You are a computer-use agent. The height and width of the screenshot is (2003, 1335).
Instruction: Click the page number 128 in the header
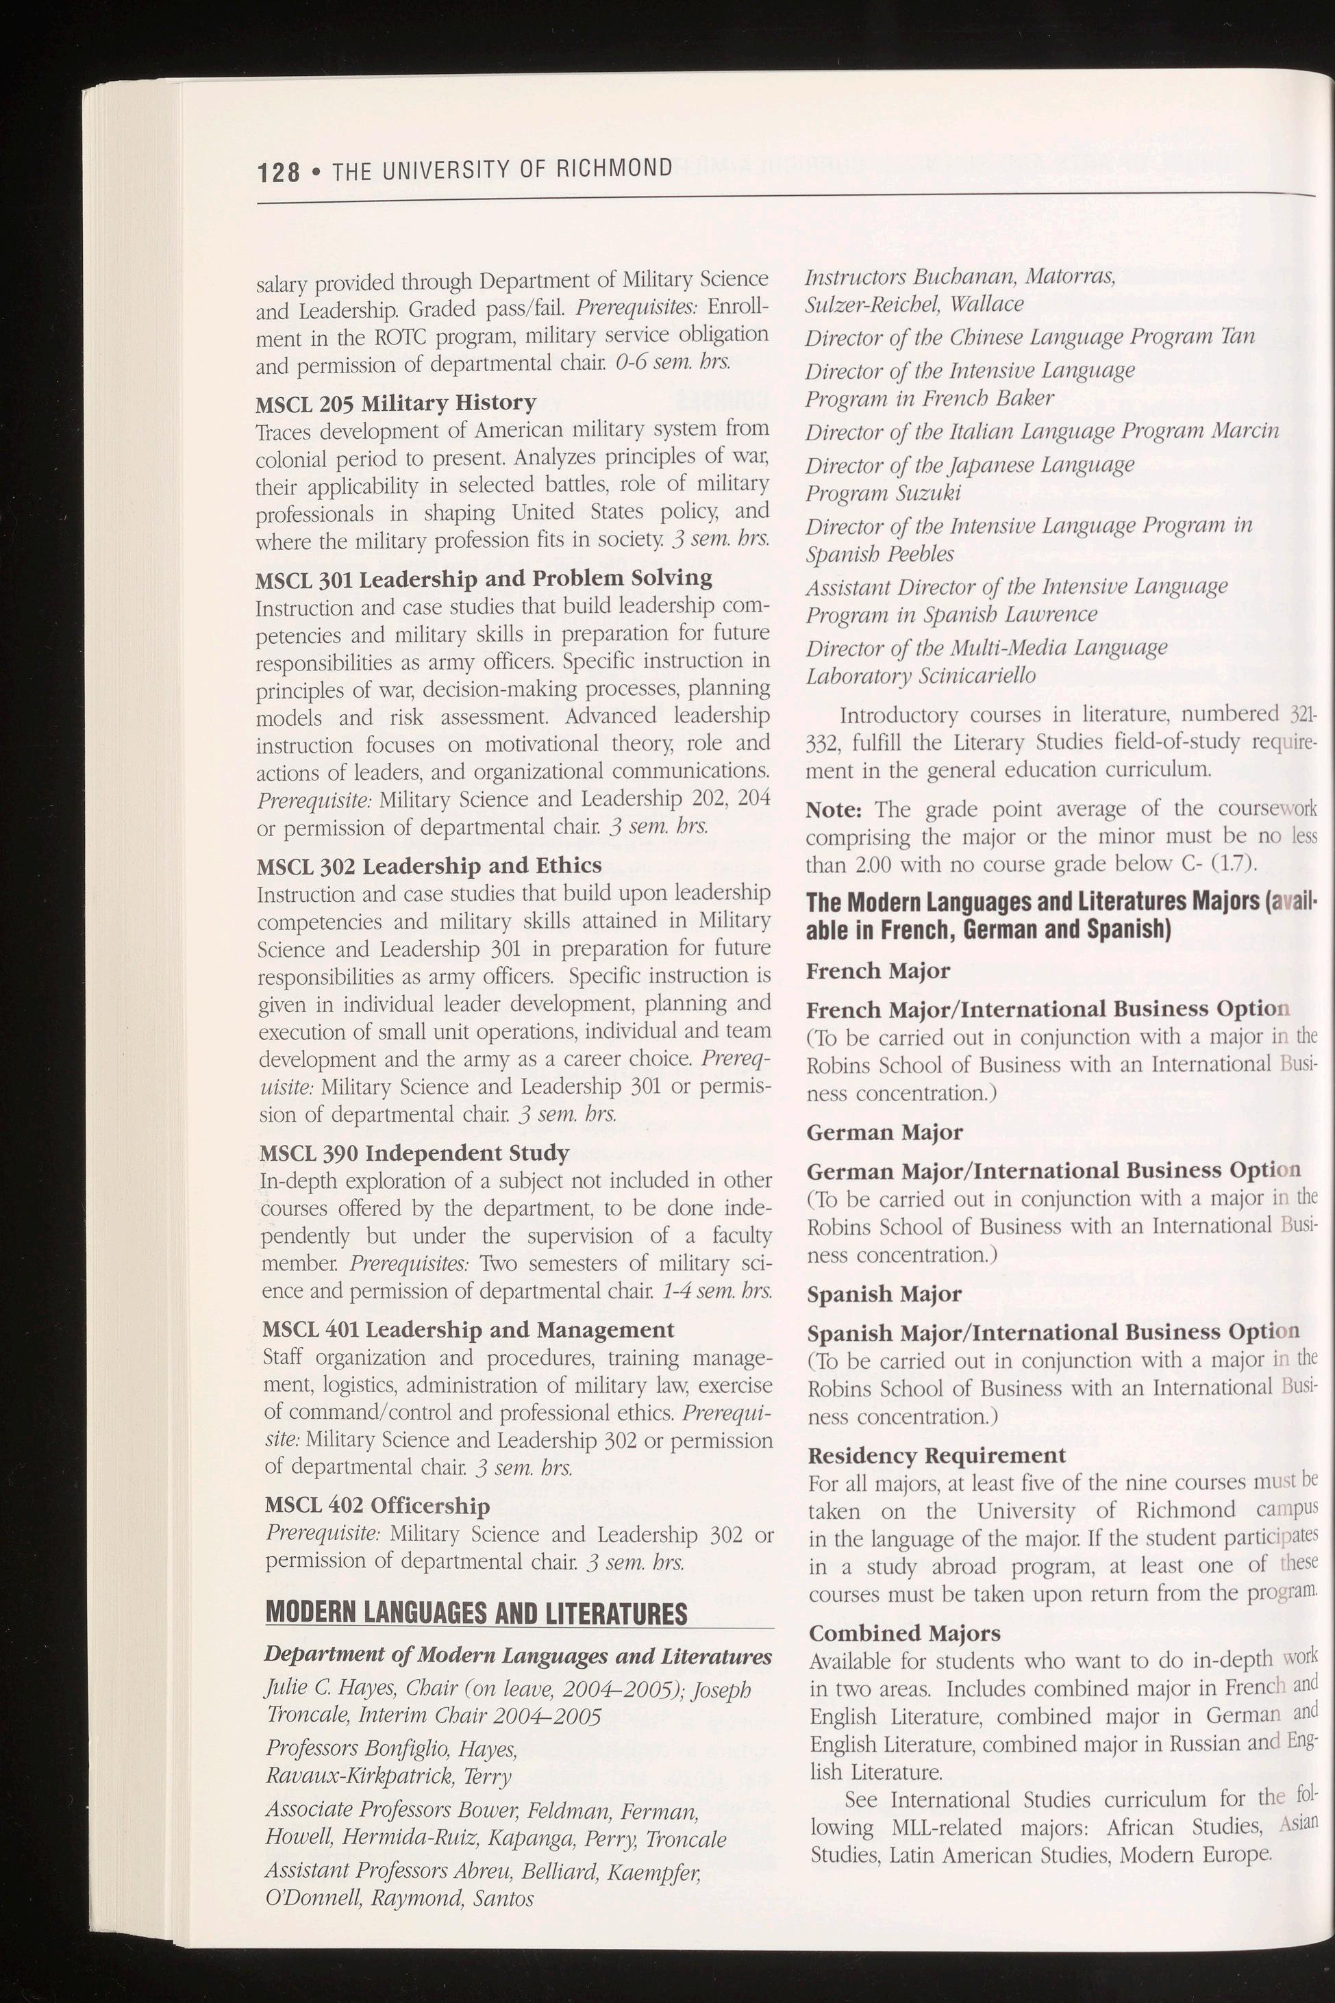click(x=278, y=172)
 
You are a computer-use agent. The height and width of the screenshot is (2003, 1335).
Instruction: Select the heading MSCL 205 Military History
click(x=396, y=402)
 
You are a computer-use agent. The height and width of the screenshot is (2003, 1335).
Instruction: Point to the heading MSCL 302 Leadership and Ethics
click(x=429, y=866)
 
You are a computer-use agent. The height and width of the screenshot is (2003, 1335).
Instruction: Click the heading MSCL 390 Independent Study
click(x=414, y=1153)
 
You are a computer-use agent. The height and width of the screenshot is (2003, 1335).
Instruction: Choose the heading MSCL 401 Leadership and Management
click(x=469, y=1330)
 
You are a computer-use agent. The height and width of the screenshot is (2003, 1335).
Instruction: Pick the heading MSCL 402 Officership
click(x=377, y=1506)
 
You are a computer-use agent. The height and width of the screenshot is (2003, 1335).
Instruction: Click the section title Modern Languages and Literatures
click(x=476, y=1613)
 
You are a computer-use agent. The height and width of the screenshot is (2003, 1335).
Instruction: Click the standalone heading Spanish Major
click(x=884, y=1294)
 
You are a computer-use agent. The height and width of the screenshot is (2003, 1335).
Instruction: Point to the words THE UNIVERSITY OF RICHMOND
click(x=502, y=168)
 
